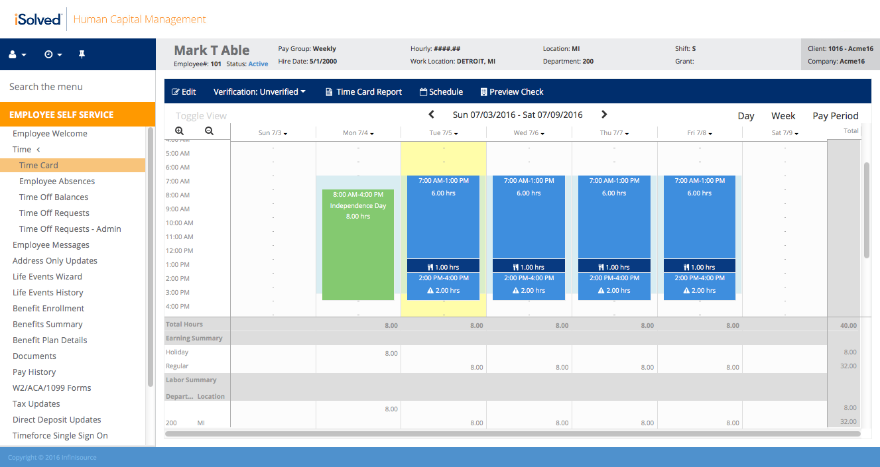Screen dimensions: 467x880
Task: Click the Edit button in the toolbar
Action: tap(184, 92)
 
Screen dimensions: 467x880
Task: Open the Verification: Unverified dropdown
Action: tap(259, 92)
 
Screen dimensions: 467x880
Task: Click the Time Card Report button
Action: tap(363, 92)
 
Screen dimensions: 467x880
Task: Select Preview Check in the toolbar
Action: tap(511, 92)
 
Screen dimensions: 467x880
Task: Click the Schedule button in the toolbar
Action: tap(441, 92)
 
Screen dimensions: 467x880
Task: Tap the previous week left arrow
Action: tap(431, 115)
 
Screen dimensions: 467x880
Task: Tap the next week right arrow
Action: tap(604, 115)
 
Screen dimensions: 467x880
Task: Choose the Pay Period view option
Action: tap(835, 116)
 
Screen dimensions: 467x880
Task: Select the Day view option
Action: tap(746, 116)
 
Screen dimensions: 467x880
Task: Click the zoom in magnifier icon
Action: tap(180, 131)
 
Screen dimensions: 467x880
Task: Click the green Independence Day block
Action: tap(358, 244)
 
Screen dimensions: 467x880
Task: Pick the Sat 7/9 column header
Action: tap(785, 133)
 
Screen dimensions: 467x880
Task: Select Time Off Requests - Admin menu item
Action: tap(70, 229)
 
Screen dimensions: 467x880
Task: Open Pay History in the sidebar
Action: tap(34, 372)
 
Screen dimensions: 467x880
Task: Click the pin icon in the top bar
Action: tap(82, 54)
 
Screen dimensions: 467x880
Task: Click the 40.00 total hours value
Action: tap(848, 325)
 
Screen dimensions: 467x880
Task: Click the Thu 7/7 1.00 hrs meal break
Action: tap(614, 267)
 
